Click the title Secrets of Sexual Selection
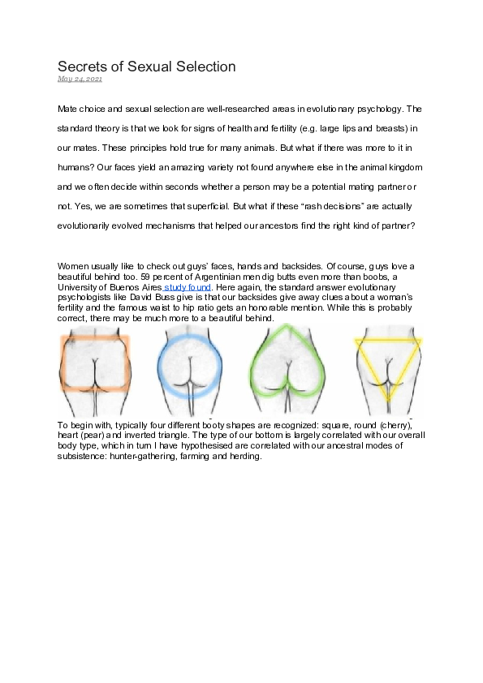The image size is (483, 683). [x=146, y=66]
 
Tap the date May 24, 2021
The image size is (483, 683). [x=80, y=79]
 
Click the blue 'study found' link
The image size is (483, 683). [x=188, y=287]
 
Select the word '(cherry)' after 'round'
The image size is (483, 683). [x=395, y=424]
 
